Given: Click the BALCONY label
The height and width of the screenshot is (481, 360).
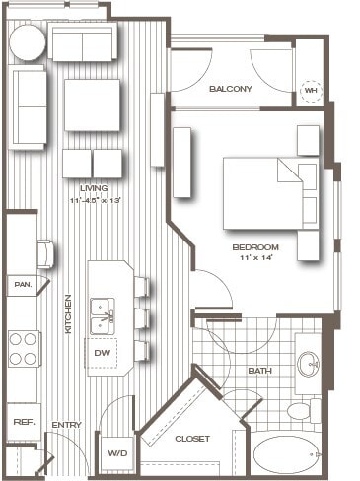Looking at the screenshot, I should [231, 89].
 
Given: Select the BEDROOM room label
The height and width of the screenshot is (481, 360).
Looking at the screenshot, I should [255, 246].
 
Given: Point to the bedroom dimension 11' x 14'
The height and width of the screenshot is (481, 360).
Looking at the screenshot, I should [255, 257].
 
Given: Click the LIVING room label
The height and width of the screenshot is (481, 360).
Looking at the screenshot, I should [94, 188].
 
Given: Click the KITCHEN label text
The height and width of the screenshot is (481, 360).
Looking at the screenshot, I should [68, 313].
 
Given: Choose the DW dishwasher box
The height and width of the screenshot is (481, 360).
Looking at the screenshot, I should [103, 351].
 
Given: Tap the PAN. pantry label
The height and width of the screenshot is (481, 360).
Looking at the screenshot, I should [22, 285].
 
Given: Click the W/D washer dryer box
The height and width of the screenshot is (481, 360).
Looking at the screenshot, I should [116, 452].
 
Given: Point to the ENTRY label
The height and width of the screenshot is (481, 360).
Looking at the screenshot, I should [67, 425].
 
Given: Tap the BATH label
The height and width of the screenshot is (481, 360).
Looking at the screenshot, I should [260, 371].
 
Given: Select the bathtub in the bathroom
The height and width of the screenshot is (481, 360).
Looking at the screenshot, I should [288, 456].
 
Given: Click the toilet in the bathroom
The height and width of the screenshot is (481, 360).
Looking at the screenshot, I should [299, 409].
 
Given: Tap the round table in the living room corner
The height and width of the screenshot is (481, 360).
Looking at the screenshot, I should [27, 42].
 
